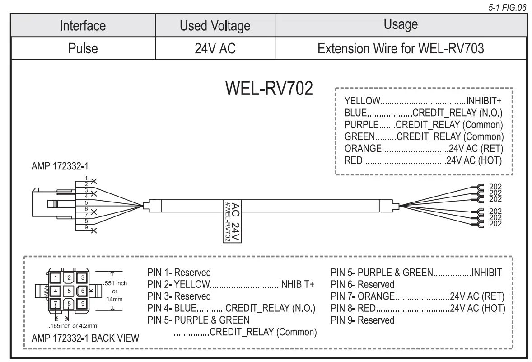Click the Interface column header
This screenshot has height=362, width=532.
pyautogui.click(x=82, y=25)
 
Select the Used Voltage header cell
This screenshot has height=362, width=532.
pyautogui.click(x=215, y=26)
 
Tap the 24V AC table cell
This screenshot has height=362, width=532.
pyautogui.click(x=215, y=48)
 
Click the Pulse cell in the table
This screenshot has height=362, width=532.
pyautogui.click(x=82, y=48)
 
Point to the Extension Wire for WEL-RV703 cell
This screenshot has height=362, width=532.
pyautogui.click(x=401, y=48)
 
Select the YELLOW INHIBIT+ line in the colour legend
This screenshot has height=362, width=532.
pyautogui.click(x=423, y=100)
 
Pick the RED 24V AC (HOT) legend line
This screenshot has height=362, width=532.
pyautogui.click(x=423, y=160)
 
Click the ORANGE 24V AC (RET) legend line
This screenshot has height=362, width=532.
pyautogui.click(x=423, y=148)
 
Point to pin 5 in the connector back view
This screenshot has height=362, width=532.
pyautogui.click(x=69, y=290)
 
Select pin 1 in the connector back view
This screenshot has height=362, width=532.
pyautogui.click(x=55, y=277)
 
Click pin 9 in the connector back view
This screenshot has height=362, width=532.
pyautogui.click(x=83, y=303)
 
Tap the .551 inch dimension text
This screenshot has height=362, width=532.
pyautogui.click(x=115, y=283)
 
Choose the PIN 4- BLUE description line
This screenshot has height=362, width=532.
pyautogui.click(x=231, y=308)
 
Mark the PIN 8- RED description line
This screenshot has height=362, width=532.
pyautogui.click(x=418, y=308)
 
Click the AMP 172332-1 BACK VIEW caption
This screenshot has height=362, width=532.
pyautogui.click(x=85, y=338)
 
